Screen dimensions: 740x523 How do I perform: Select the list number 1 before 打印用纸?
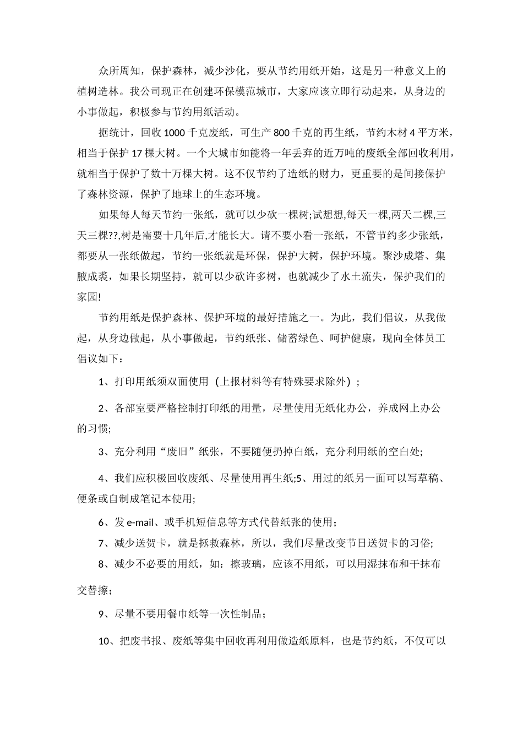point(101,381)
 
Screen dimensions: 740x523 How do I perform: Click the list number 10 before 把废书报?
point(105,641)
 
